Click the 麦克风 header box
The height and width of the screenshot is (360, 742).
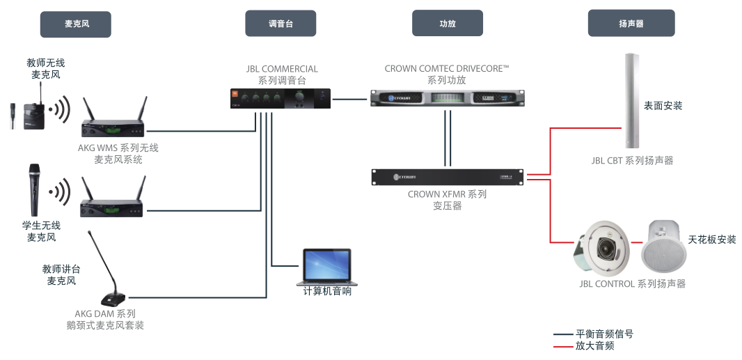(76, 24)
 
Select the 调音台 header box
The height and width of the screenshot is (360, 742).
(281, 24)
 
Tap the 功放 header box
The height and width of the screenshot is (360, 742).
(447, 24)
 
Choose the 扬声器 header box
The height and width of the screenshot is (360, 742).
(631, 24)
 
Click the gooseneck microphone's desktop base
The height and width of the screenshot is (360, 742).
(112, 299)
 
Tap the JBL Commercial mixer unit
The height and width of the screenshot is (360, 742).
(281, 98)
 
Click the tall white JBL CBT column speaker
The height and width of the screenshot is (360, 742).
(631, 101)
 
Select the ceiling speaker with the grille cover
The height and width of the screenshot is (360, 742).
(663, 247)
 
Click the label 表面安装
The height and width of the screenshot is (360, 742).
(663, 106)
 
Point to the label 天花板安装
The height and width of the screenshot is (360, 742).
(711, 240)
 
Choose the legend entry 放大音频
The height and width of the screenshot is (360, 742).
(594, 345)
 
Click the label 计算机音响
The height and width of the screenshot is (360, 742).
(327, 291)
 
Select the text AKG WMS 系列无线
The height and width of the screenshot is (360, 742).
(118, 148)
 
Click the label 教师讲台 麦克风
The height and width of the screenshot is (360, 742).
(61, 275)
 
